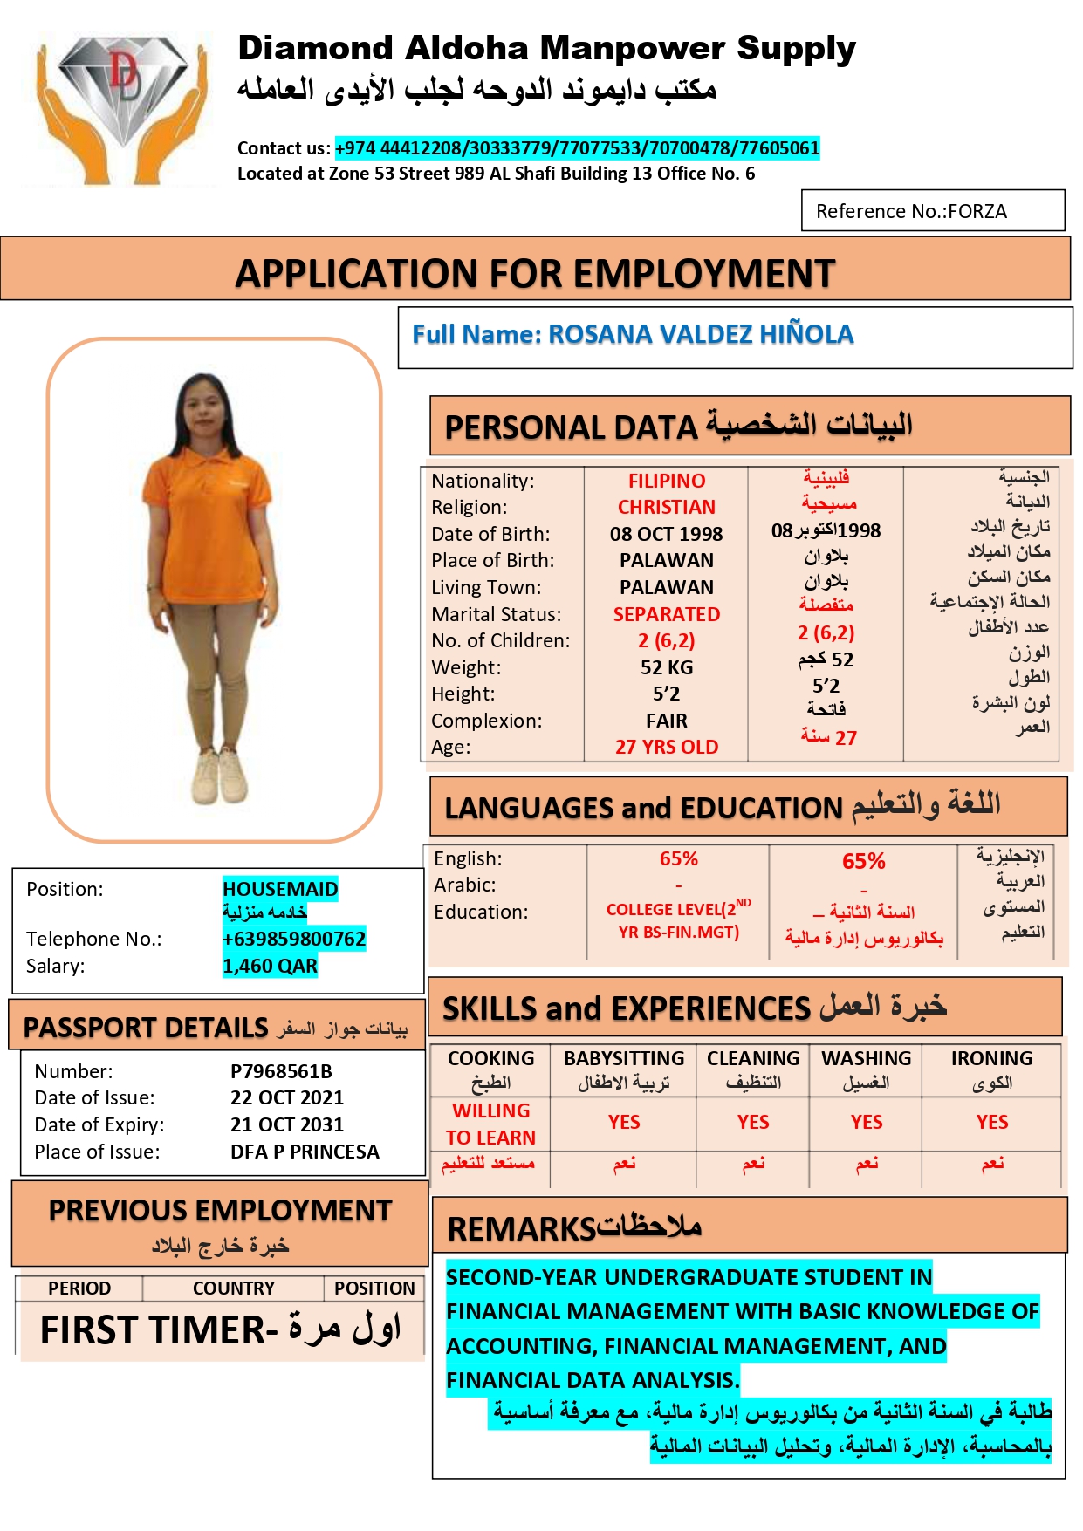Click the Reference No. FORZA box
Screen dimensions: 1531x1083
point(932,211)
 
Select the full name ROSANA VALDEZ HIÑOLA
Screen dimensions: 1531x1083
point(633,334)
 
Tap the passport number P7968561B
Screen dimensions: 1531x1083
point(281,1071)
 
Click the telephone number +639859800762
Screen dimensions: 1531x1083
point(294,939)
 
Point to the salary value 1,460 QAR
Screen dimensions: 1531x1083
point(270,966)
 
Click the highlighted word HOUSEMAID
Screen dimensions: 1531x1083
point(280,889)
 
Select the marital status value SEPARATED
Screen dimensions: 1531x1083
point(666,614)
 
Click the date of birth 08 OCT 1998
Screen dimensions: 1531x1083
point(666,534)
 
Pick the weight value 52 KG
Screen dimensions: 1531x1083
point(666,667)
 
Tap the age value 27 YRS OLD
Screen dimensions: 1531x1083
point(666,747)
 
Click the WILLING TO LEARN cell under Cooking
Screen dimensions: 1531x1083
point(490,1124)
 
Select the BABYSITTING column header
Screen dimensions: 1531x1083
point(624,1058)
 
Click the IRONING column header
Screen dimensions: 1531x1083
point(991,1058)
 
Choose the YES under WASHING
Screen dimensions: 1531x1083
point(867,1122)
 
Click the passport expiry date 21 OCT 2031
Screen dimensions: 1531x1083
point(287,1124)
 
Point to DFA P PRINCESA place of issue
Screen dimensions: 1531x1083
point(305,1152)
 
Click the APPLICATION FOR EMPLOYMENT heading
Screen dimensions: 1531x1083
point(535,273)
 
